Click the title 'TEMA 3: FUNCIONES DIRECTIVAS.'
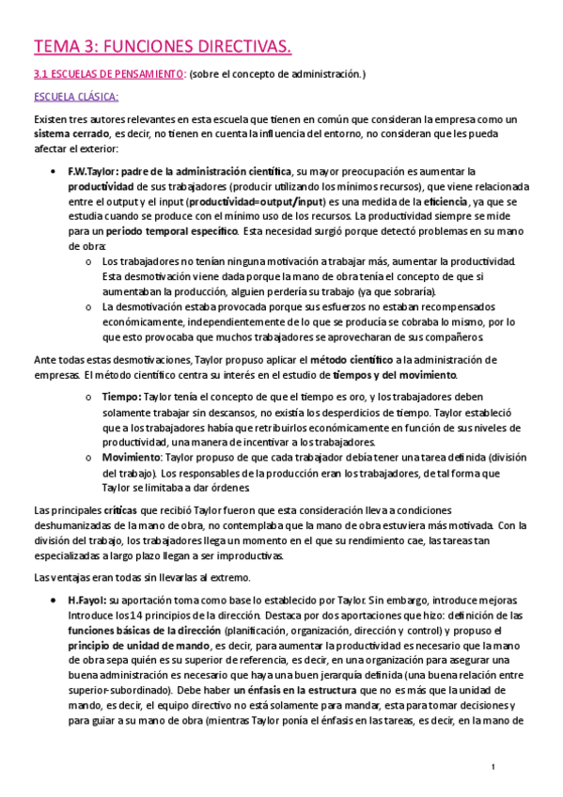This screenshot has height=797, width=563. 163,45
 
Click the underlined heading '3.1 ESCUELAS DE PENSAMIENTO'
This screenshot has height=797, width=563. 108,73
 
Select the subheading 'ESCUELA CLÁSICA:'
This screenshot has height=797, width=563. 75,97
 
